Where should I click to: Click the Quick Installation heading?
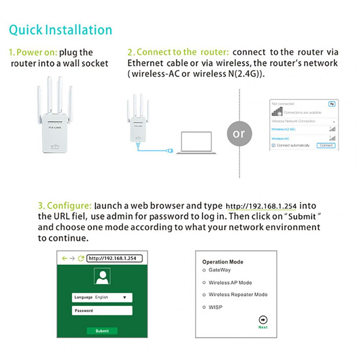click(x=60, y=30)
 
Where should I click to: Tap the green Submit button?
click(x=102, y=331)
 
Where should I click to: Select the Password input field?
click(x=102, y=311)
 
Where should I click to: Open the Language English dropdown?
click(x=102, y=297)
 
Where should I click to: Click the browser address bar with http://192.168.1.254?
click(x=115, y=258)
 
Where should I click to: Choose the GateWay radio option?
click(x=204, y=270)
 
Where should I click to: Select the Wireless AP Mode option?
click(x=204, y=283)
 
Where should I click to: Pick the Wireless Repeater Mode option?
click(x=204, y=295)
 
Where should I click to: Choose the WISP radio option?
click(x=204, y=307)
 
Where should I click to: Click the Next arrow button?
click(x=263, y=320)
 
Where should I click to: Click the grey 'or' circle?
click(x=239, y=134)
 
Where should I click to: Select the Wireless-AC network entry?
click(x=281, y=138)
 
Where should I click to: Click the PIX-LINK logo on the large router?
click(x=54, y=127)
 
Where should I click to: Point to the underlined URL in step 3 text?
click(x=261, y=207)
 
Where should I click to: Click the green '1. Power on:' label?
click(x=33, y=53)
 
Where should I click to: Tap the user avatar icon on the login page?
click(x=102, y=277)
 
